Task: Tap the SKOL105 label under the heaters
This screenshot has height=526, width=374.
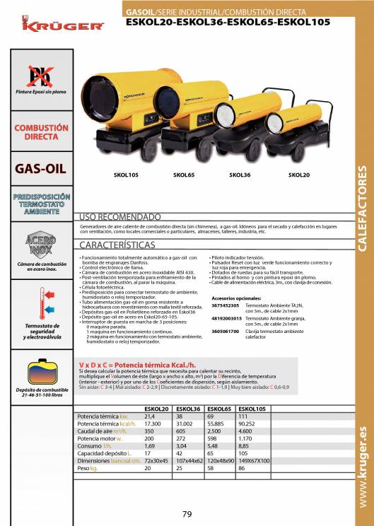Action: tap(106, 174)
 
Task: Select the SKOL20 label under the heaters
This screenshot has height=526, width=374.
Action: tap(299, 174)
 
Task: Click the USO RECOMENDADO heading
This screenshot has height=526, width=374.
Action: tap(120, 216)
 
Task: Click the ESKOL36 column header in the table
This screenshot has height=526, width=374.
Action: tap(189, 409)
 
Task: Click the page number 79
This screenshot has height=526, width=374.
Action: tap(187, 514)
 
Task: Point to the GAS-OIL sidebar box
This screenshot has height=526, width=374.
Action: tap(41, 169)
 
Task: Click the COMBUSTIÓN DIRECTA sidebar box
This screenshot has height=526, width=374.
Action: tap(41, 132)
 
